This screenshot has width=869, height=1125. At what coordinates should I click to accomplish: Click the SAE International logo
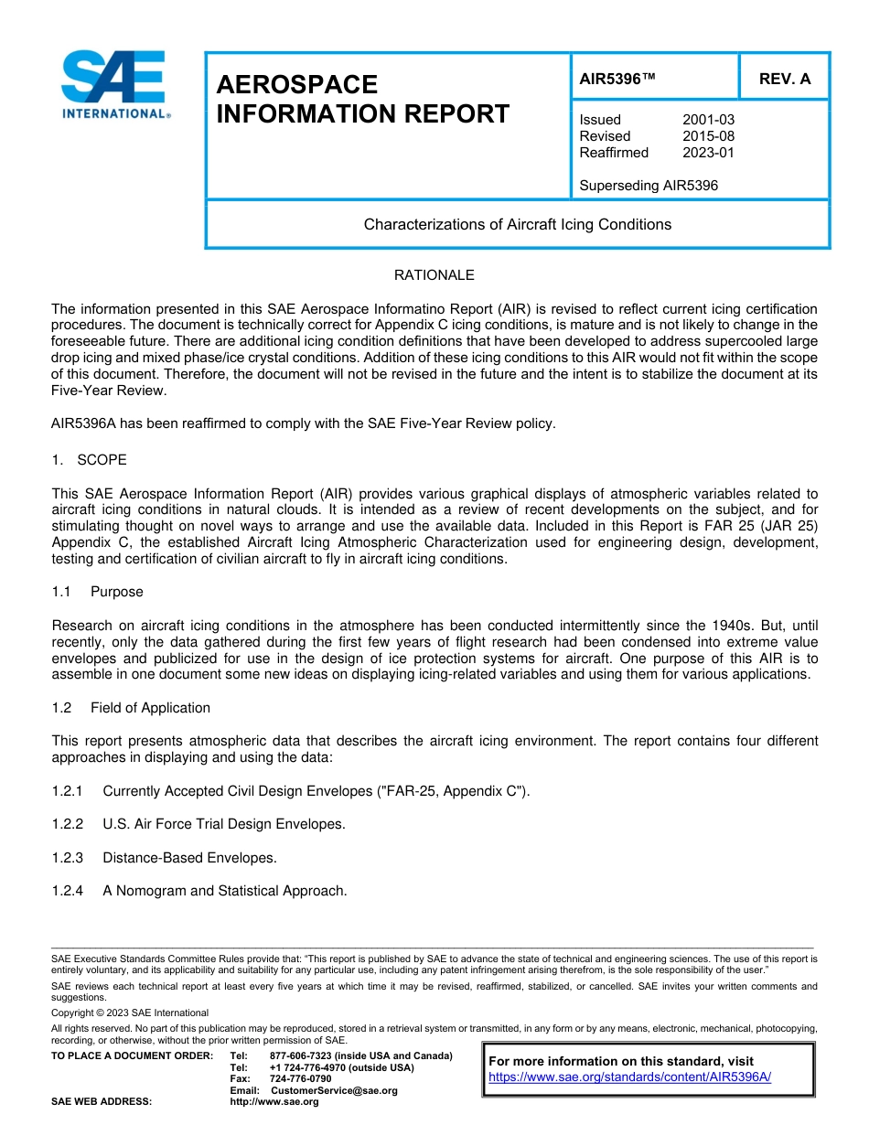click(x=113, y=84)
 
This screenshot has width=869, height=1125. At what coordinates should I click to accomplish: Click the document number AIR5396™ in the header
click(x=617, y=79)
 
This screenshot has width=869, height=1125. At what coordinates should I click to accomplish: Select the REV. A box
click(x=784, y=79)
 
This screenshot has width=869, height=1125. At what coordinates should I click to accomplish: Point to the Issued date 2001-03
click(x=708, y=120)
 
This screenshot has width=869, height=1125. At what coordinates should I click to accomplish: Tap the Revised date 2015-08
click(x=708, y=136)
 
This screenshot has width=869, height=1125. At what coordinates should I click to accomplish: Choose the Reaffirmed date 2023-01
click(x=708, y=153)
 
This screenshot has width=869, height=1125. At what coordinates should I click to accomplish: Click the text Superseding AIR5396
click(x=649, y=186)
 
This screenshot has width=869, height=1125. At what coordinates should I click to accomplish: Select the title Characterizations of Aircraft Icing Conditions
click(x=517, y=224)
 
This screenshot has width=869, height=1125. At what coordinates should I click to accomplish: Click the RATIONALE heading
click(x=434, y=275)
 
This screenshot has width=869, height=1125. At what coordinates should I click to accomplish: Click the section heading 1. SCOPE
click(x=90, y=460)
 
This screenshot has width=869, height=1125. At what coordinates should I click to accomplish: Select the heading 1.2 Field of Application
click(x=131, y=708)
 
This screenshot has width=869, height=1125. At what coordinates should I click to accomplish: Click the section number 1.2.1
click(x=68, y=791)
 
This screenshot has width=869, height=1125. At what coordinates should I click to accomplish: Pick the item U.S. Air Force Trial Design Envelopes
click(x=224, y=824)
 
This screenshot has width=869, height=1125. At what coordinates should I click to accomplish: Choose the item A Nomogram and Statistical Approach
click(x=224, y=891)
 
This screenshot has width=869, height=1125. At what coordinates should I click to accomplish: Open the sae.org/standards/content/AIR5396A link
click(x=629, y=1077)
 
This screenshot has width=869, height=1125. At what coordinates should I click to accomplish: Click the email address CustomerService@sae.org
click(x=334, y=1090)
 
